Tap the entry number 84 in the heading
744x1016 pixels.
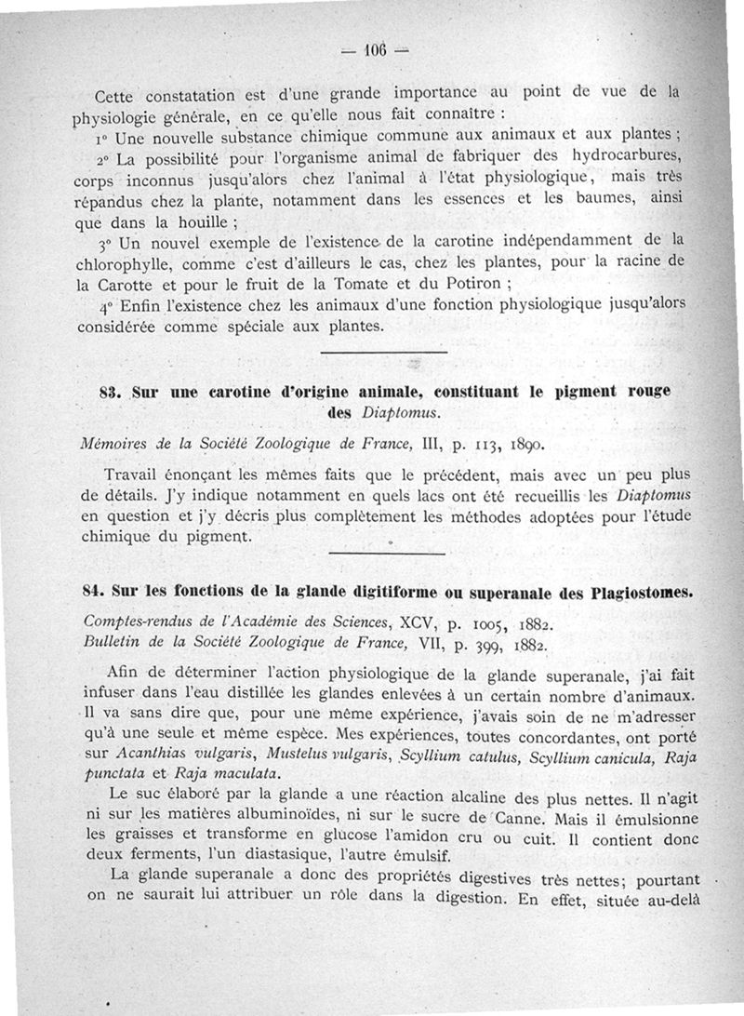point(96,591)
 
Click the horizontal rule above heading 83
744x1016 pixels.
point(383,351)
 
